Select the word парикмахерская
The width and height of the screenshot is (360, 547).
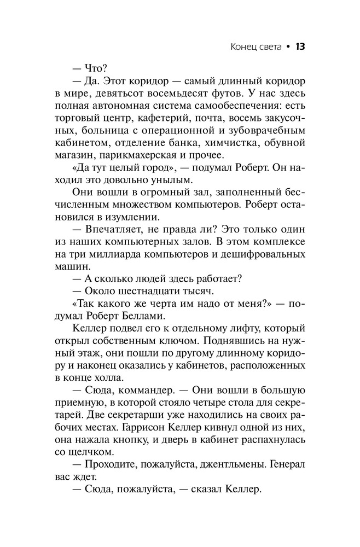pyautogui.click(x=136, y=155)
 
